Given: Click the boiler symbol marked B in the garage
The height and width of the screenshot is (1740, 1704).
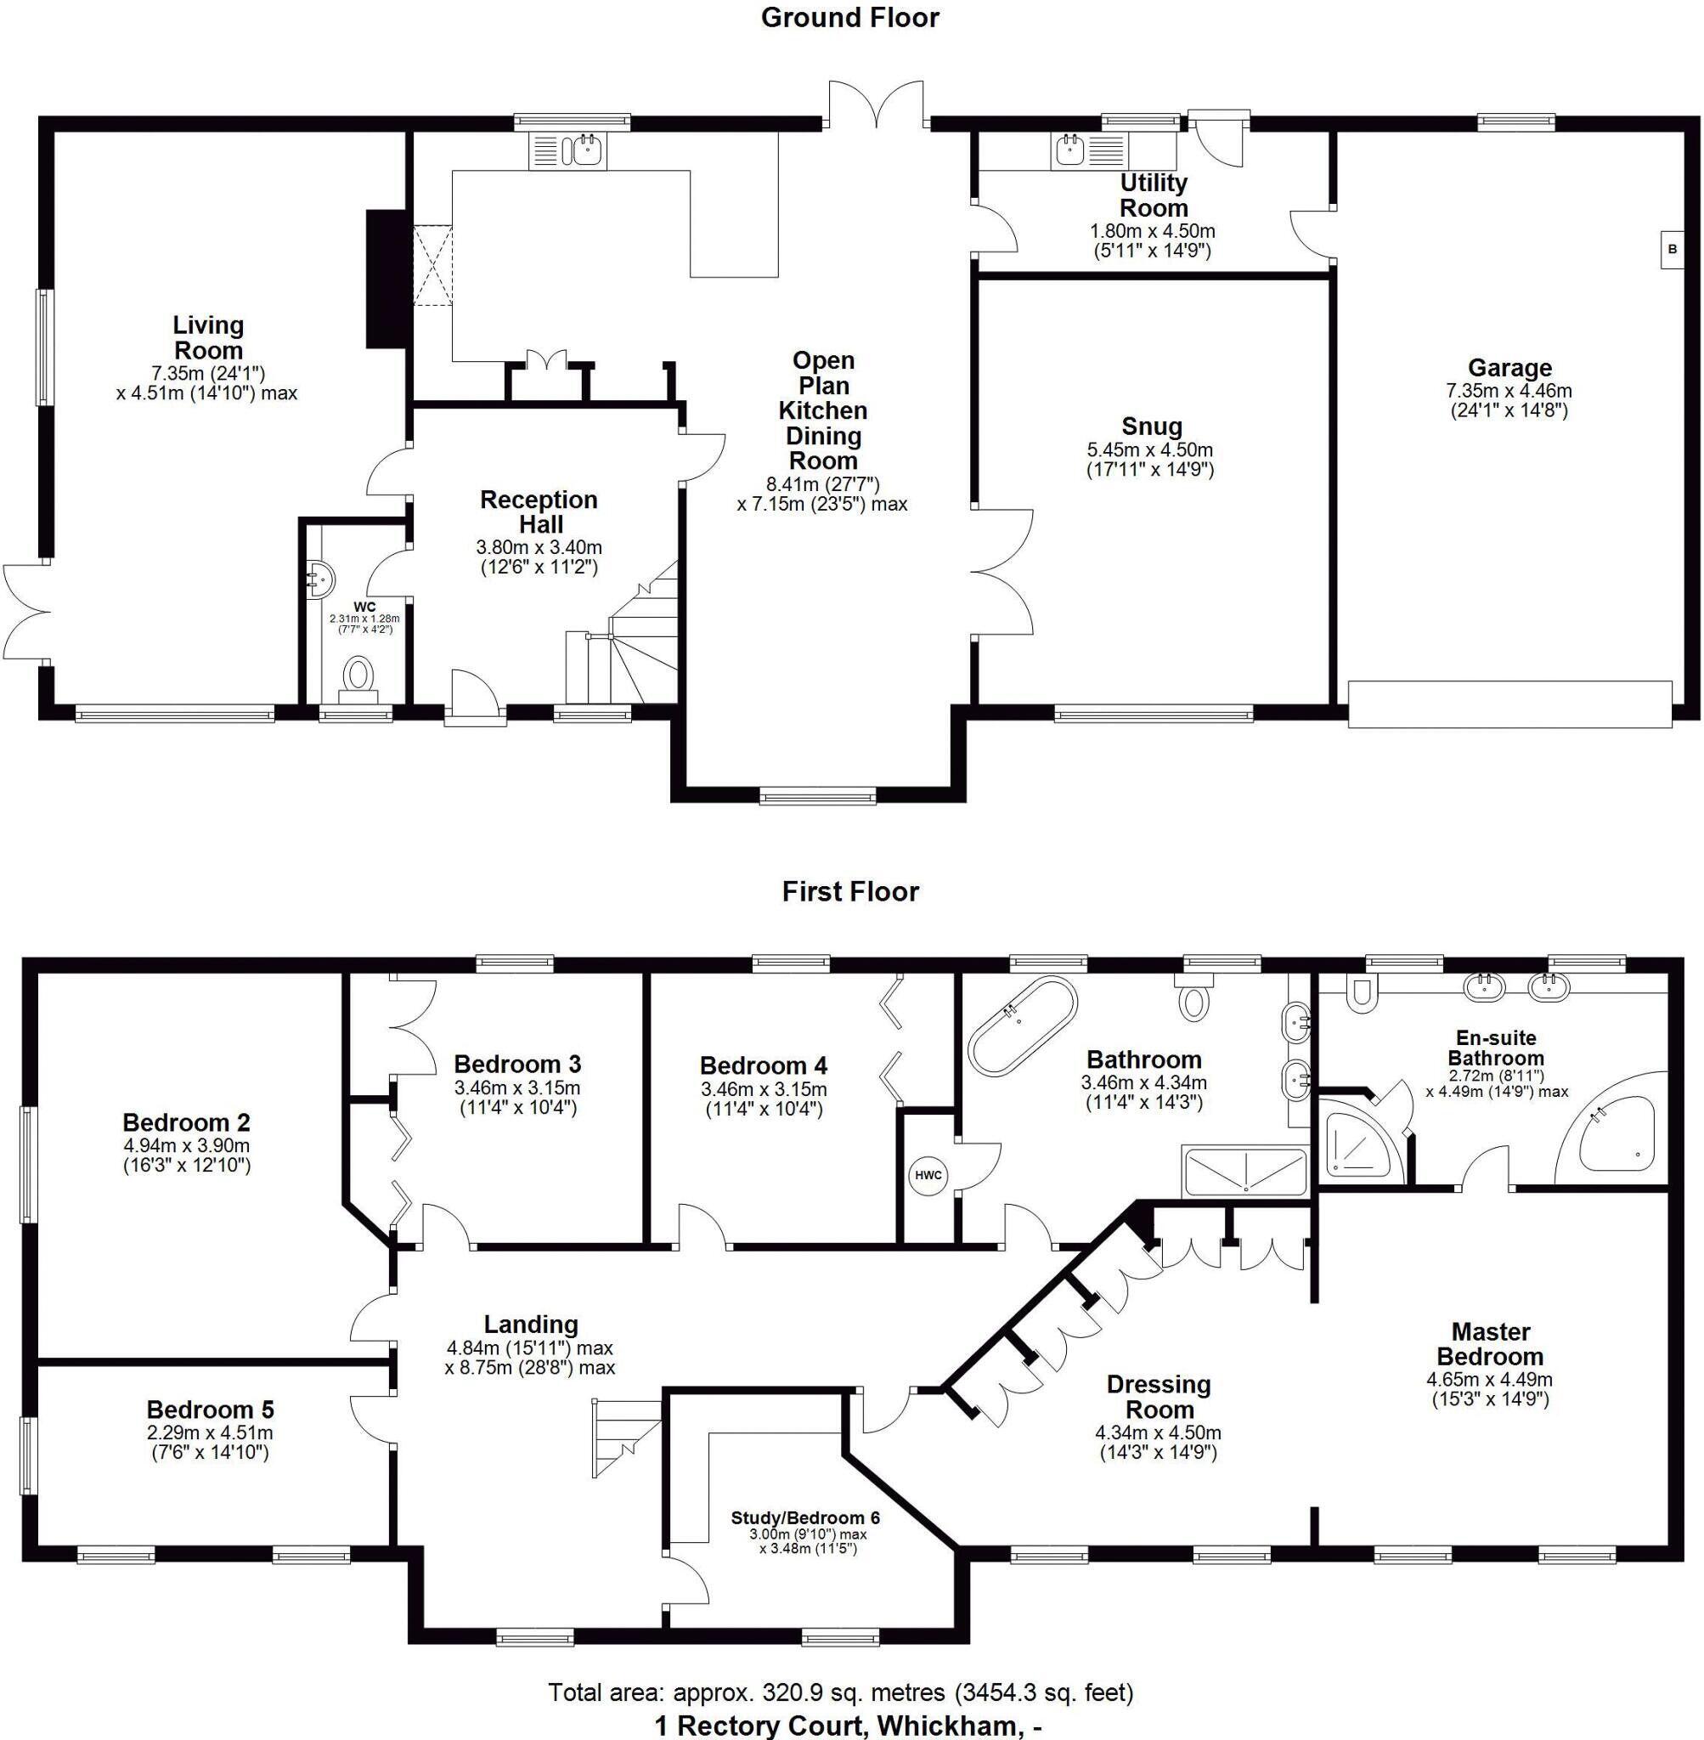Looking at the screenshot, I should [1671, 251].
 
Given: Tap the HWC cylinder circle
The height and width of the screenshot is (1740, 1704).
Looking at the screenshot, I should [928, 1175].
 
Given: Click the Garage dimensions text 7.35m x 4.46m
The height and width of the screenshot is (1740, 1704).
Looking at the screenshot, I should [1509, 390].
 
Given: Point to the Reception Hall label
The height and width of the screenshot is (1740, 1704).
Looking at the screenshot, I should [539, 511].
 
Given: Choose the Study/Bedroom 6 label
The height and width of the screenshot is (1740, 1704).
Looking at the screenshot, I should [805, 1518].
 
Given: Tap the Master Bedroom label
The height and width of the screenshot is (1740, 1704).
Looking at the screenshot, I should [1490, 1343].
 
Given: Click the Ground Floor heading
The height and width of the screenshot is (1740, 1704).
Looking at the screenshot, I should [849, 18].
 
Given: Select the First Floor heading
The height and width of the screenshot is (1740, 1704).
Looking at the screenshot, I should [849, 891].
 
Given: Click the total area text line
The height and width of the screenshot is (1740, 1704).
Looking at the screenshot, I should [840, 1692].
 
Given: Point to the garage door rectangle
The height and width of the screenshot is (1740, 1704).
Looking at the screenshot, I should [1509, 704].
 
